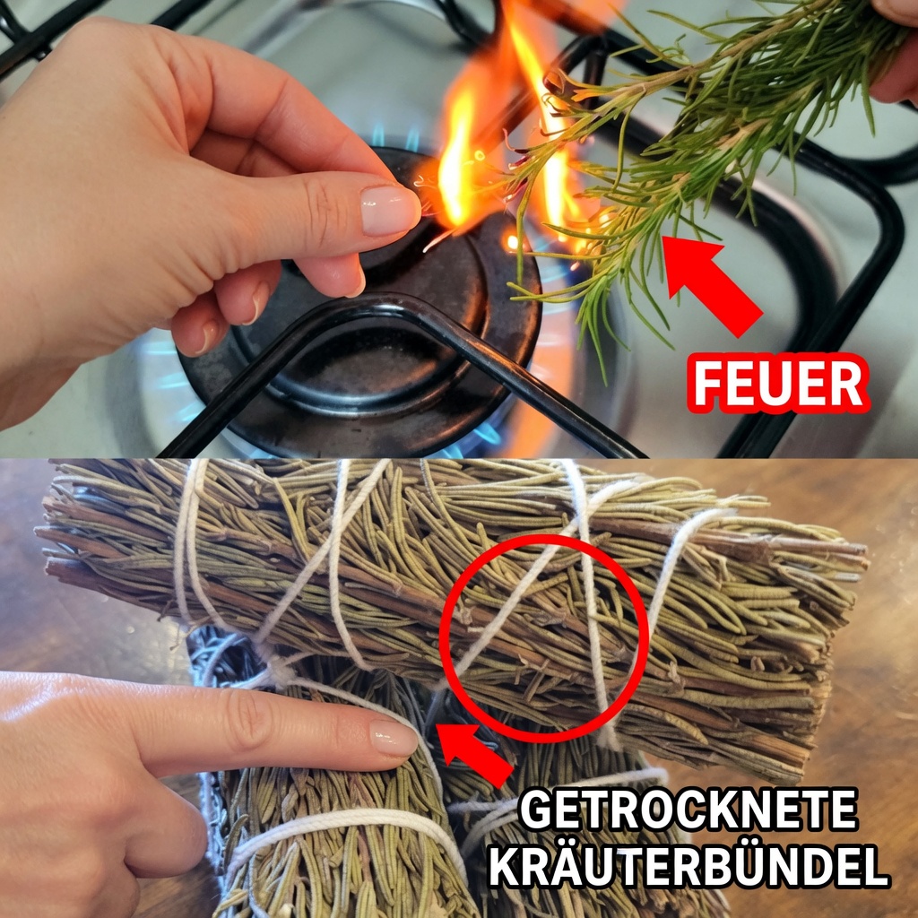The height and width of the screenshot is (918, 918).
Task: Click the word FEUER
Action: (x=778, y=384)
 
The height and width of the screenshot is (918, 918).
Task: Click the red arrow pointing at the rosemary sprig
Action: (x=710, y=283)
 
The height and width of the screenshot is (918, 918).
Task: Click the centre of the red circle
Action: (x=544, y=638)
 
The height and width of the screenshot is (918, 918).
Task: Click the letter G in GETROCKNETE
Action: (x=536, y=810)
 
